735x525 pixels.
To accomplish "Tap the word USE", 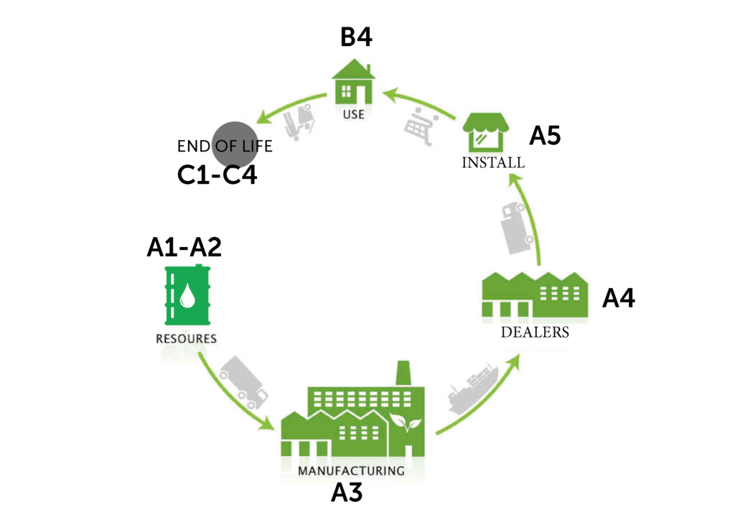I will click(x=354, y=114).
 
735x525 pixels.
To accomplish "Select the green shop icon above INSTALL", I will click(x=485, y=131).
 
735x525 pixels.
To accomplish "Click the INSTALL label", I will click(x=492, y=163).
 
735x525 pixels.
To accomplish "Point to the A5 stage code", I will click(x=545, y=136).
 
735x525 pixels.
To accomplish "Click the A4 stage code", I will click(x=618, y=298).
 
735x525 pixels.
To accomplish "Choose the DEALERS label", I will click(x=535, y=333).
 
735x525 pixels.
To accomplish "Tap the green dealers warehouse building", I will click(x=534, y=295).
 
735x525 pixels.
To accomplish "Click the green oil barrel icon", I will click(x=187, y=295).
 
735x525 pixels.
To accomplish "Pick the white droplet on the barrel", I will click(x=187, y=295).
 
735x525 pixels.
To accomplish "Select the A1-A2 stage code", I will click(x=184, y=247).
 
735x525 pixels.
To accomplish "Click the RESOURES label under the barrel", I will click(x=186, y=338).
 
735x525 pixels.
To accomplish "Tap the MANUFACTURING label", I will click(x=351, y=471).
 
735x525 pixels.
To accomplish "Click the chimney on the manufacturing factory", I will click(x=403, y=374).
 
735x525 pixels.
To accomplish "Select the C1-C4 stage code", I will click(x=217, y=176).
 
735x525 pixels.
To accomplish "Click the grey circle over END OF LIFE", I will click(x=235, y=144).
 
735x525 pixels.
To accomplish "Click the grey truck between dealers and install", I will click(x=518, y=227).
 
